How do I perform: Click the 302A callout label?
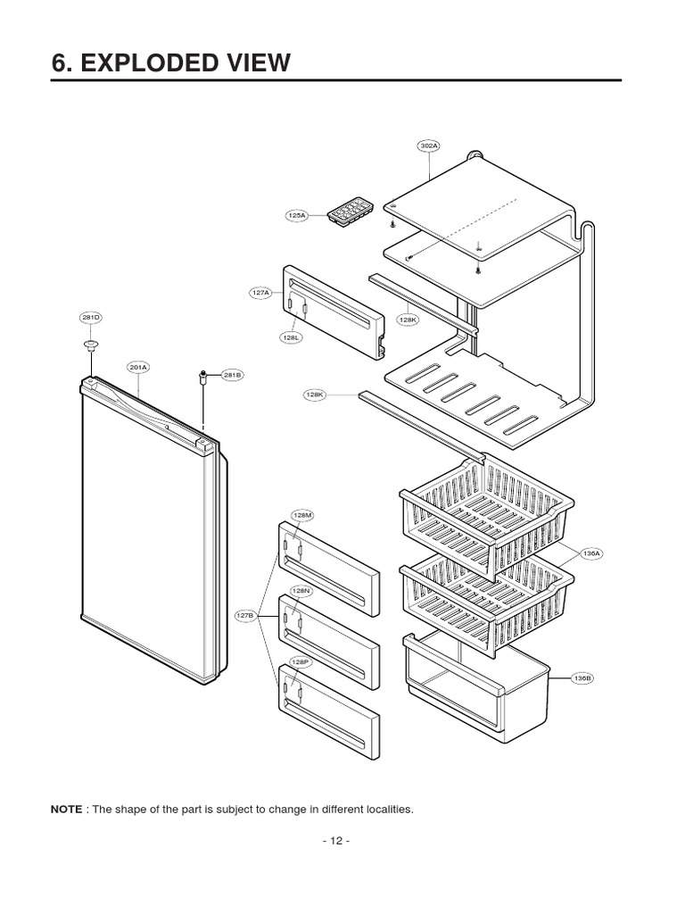(x=430, y=145)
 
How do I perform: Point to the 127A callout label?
(x=260, y=292)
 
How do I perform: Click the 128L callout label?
(x=292, y=337)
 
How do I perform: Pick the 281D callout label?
(x=91, y=317)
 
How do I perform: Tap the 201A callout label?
(x=138, y=367)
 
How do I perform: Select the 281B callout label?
(x=232, y=375)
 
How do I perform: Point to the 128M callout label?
(x=302, y=515)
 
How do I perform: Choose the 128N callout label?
(x=302, y=591)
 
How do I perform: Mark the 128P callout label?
(x=301, y=662)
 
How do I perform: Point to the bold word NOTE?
(x=66, y=810)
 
